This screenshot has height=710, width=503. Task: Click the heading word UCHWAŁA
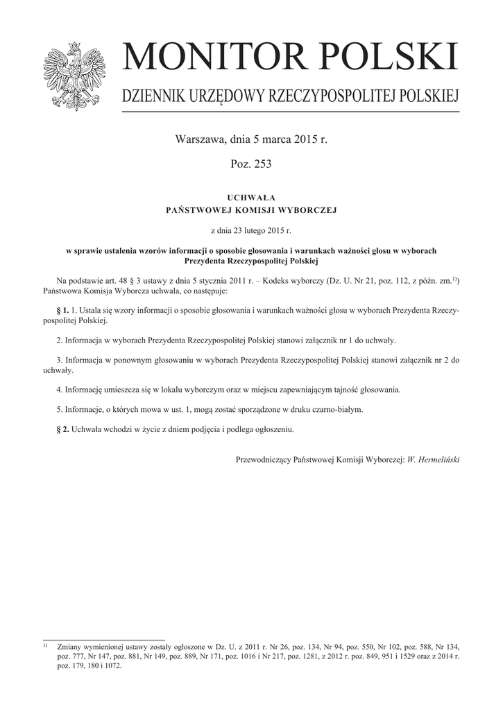251,198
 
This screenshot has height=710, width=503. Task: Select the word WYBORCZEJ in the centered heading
305,210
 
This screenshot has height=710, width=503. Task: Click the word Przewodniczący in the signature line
264,459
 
